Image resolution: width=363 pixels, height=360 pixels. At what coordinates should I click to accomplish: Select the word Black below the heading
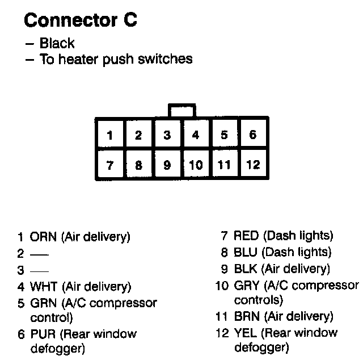[x=57, y=43]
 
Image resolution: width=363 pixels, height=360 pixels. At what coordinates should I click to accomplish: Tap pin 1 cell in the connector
[x=110, y=135]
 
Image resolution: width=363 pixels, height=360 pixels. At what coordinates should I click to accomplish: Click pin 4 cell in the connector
[x=196, y=135]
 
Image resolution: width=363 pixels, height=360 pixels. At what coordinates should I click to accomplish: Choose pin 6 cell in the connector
[x=253, y=135]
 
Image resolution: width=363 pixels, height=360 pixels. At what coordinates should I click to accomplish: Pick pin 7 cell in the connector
[x=110, y=165]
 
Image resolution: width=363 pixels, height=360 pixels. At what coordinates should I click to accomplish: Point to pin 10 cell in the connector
[x=196, y=165]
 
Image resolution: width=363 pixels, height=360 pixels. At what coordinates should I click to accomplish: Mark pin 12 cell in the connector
[x=253, y=165]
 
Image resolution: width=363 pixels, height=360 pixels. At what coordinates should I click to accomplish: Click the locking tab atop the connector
[x=181, y=110]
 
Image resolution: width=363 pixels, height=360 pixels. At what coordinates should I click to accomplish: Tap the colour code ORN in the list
[x=43, y=237]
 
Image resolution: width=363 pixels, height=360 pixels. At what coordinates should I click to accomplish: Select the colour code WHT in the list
[x=43, y=286]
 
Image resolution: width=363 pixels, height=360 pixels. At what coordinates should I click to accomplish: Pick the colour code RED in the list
[x=246, y=236]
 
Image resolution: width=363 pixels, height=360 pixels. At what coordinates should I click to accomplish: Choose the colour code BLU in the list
[x=245, y=252]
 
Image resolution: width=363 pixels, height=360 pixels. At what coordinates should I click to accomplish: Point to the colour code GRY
[x=246, y=285]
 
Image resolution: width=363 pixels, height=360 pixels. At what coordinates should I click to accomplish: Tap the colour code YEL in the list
[x=246, y=333]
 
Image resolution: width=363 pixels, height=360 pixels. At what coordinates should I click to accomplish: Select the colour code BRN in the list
[x=246, y=317]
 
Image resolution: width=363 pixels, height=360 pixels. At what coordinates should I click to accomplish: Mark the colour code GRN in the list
[x=43, y=303]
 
